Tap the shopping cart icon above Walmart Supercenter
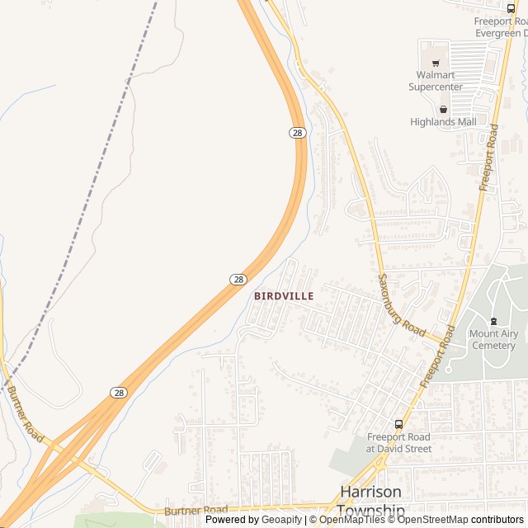pyautogui.click(x=435, y=63)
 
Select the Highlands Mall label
pyautogui.click(x=443, y=121)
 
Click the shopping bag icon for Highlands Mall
pyautogui.click(x=443, y=108)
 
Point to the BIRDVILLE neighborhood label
pyautogui.click(x=284, y=295)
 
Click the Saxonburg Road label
pyautogui.click(x=402, y=304)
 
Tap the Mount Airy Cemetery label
pyautogui.click(x=493, y=339)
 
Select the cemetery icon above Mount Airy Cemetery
pyautogui.click(x=493, y=321)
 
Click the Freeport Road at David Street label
pyautogui.click(x=398, y=442)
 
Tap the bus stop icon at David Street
pyautogui.click(x=399, y=424)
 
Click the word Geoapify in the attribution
pyautogui.click(x=281, y=520)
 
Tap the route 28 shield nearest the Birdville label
pyautogui.click(x=237, y=280)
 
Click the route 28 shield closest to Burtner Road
pyautogui.click(x=119, y=393)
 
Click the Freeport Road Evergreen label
pyautogui.click(x=500, y=27)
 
